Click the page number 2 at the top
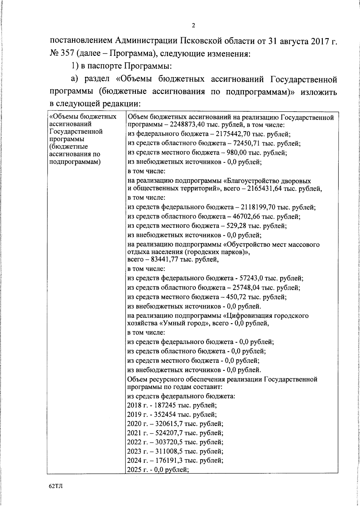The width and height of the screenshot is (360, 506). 193,26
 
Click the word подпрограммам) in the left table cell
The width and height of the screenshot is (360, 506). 74,162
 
